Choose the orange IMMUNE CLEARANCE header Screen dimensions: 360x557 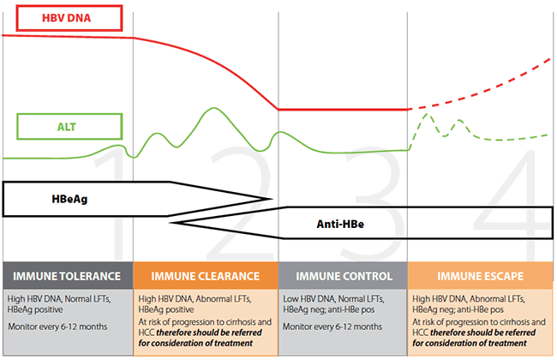coord(206,276)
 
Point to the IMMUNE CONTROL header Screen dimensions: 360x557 coord(344,276)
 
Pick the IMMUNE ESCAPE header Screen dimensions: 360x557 coord(482,276)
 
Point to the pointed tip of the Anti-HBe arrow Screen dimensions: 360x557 coord(171,222)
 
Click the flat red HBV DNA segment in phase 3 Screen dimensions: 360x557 coord(343,110)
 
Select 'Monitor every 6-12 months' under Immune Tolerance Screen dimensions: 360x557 coord(58,327)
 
